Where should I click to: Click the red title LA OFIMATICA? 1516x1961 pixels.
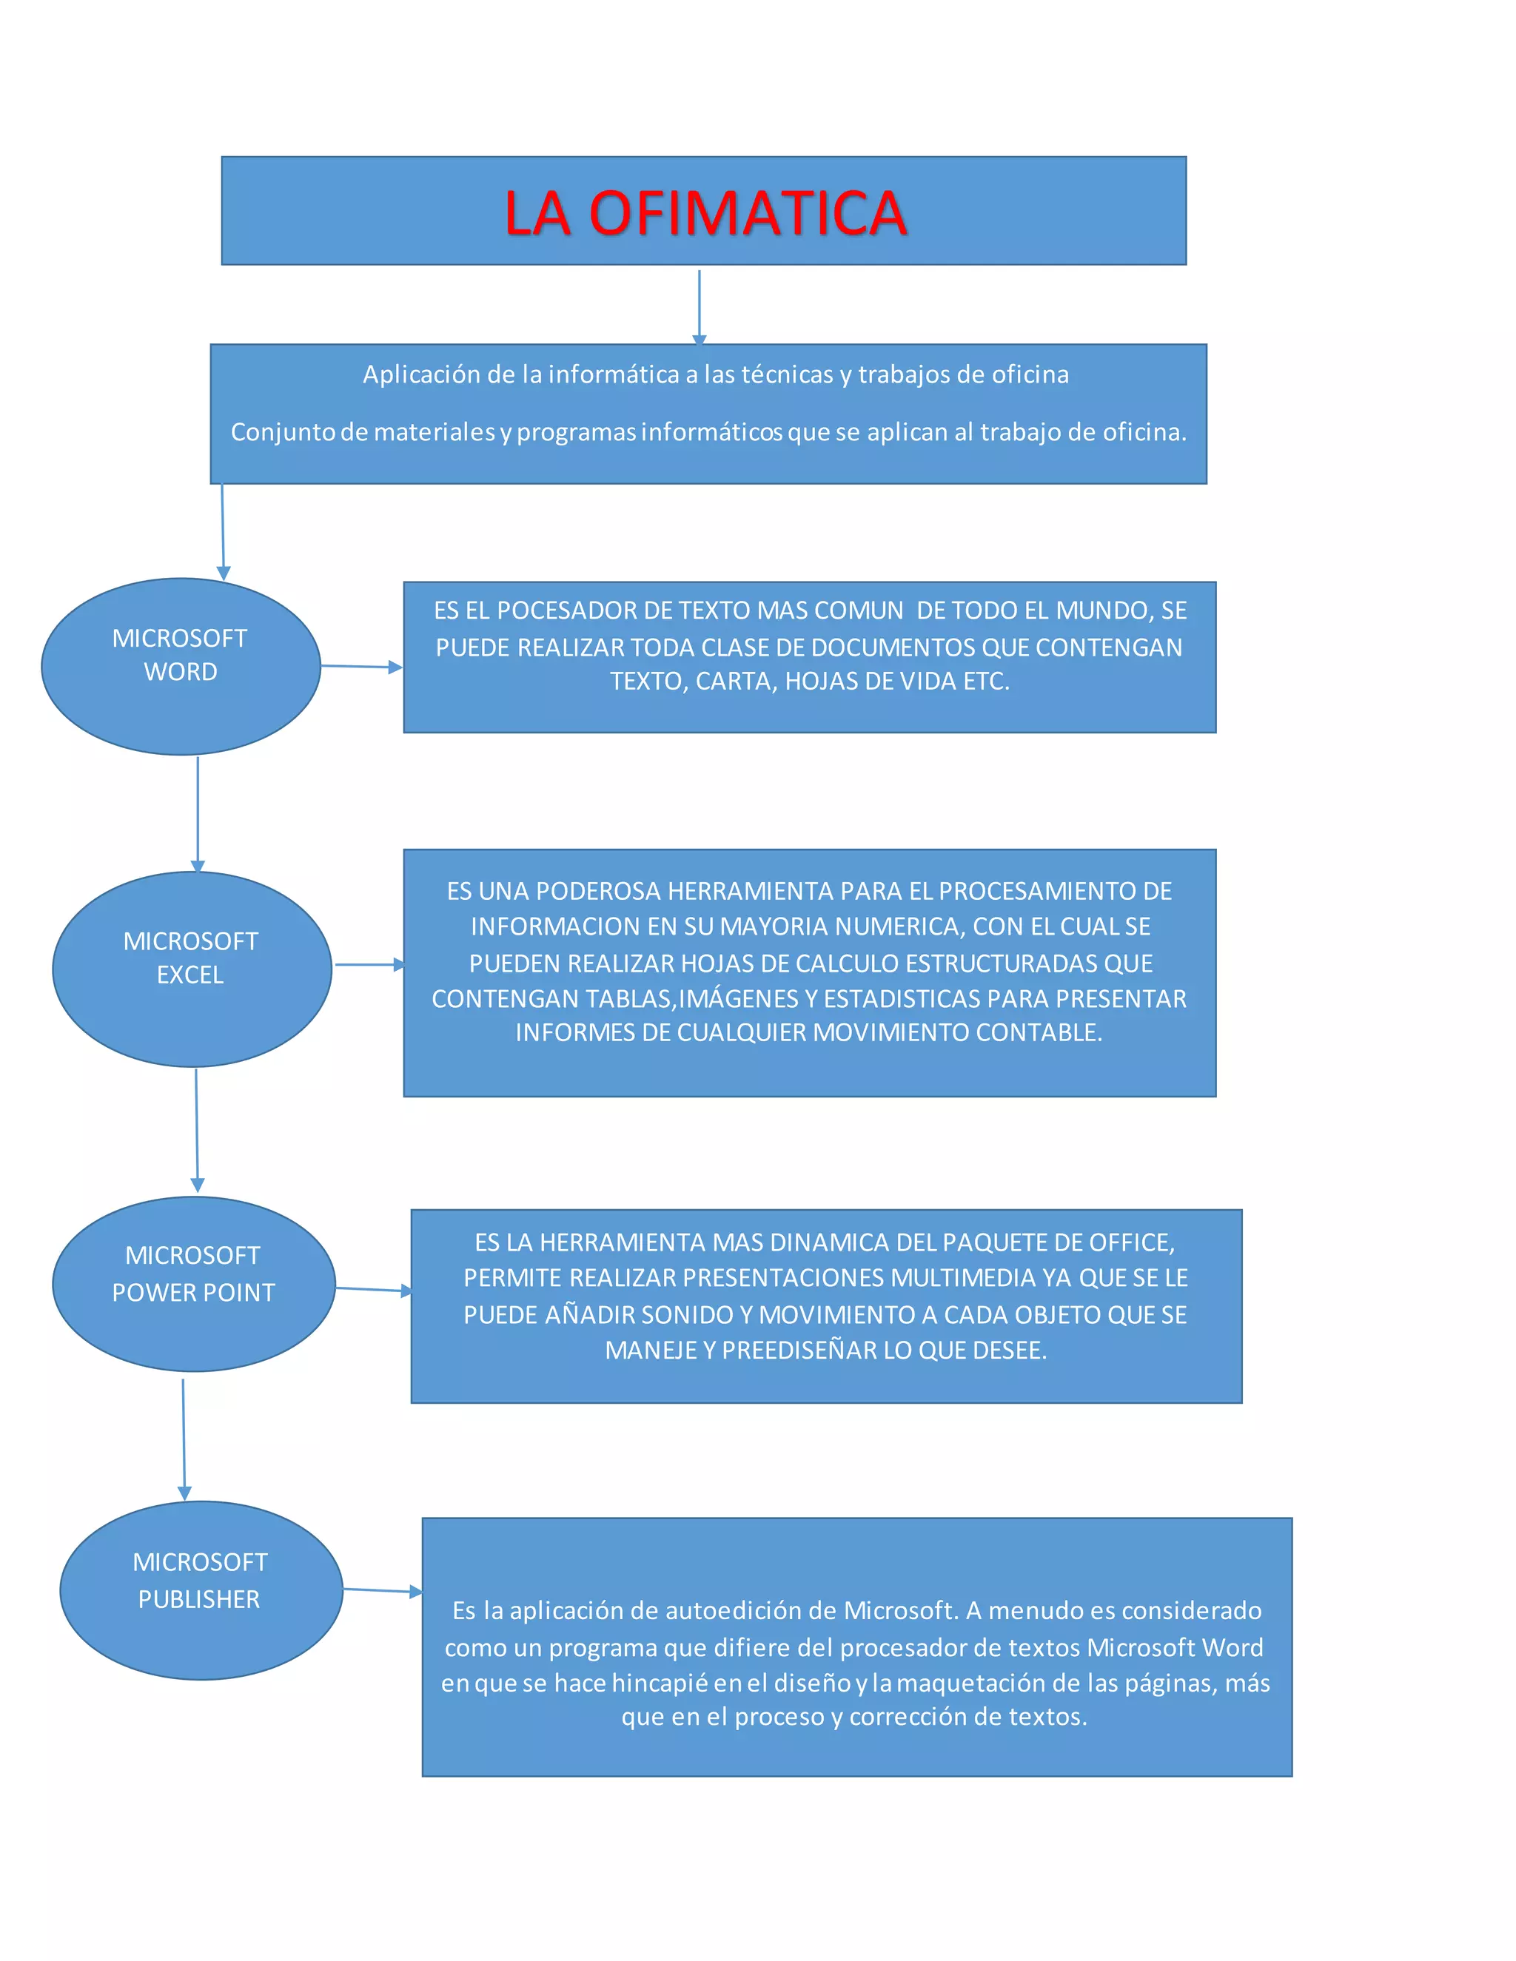tap(705, 213)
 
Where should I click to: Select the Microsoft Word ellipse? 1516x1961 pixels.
tap(181, 665)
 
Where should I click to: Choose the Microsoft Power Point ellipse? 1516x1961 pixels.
tap(193, 1283)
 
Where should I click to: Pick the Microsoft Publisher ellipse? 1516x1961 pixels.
tap(201, 1590)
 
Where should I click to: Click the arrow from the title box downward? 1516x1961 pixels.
tap(699, 307)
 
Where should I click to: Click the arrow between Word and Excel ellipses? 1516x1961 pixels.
tap(198, 813)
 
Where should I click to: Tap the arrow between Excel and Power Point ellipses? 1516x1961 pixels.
tap(197, 1129)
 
